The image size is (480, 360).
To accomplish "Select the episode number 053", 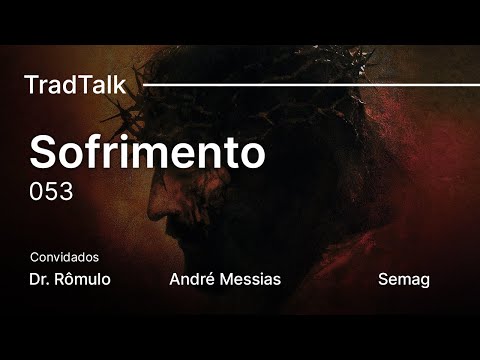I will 51,192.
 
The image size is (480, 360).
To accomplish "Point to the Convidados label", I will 64,257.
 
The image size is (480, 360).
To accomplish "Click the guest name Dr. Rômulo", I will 70,279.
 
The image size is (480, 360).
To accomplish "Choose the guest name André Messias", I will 226,279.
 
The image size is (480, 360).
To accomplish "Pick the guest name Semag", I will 404,279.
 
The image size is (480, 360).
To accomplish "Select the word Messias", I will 250,279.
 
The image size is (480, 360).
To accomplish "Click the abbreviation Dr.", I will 40,279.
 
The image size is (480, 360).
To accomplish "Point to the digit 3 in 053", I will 66,192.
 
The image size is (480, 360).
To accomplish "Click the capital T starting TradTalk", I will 30,85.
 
